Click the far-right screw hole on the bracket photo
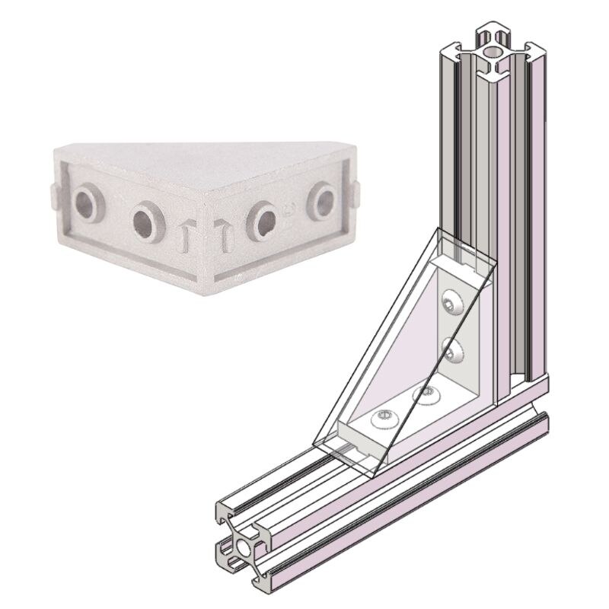coord(320,202)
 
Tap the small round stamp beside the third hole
coord(289,208)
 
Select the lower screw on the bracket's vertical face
coord(451,351)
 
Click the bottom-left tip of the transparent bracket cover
coord(314,442)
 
